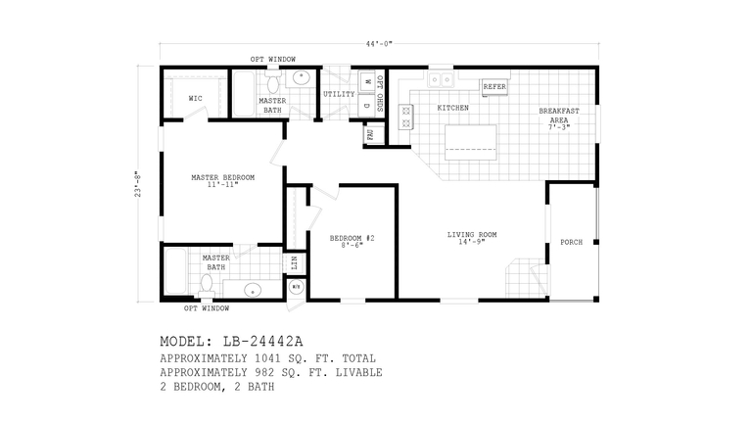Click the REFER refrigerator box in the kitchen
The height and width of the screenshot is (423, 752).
[x=494, y=86]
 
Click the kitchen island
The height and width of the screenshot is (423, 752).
[x=473, y=142]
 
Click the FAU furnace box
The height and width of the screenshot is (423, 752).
[x=371, y=134]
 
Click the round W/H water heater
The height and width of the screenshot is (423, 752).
[x=297, y=287]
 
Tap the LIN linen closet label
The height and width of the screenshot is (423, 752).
[x=295, y=262]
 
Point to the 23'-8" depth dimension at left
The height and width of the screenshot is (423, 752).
[x=139, y=183]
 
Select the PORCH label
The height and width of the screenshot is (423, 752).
[x=571, y=242]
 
